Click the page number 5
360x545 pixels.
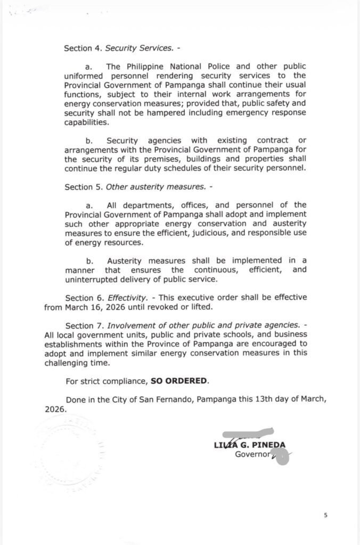(325, 515)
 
